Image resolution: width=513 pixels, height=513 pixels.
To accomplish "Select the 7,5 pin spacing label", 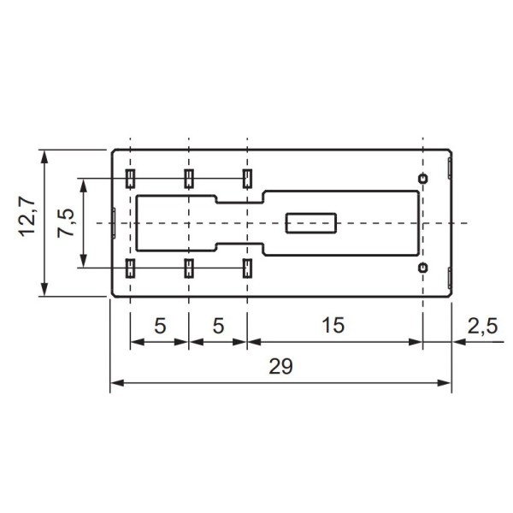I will [66, 222].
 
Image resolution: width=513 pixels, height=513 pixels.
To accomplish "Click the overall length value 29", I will [280, 367].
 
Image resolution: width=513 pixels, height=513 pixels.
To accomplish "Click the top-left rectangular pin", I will [130, 178].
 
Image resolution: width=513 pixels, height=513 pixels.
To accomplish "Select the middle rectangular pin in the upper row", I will [188, 178].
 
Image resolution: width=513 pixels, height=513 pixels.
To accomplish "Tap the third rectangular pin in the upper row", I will [246, 178].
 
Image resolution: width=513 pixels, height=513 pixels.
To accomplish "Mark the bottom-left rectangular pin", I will [130, 268].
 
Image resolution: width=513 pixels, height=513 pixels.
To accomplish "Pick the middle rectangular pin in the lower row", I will [188, 268].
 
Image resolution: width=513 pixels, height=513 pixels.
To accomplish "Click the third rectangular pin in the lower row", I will [246, 268].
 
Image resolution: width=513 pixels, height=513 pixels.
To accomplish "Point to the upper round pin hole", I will [422, 178].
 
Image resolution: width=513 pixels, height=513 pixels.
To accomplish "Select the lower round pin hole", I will [422, 268].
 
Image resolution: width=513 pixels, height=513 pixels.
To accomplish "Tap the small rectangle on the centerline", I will [311, 223].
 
